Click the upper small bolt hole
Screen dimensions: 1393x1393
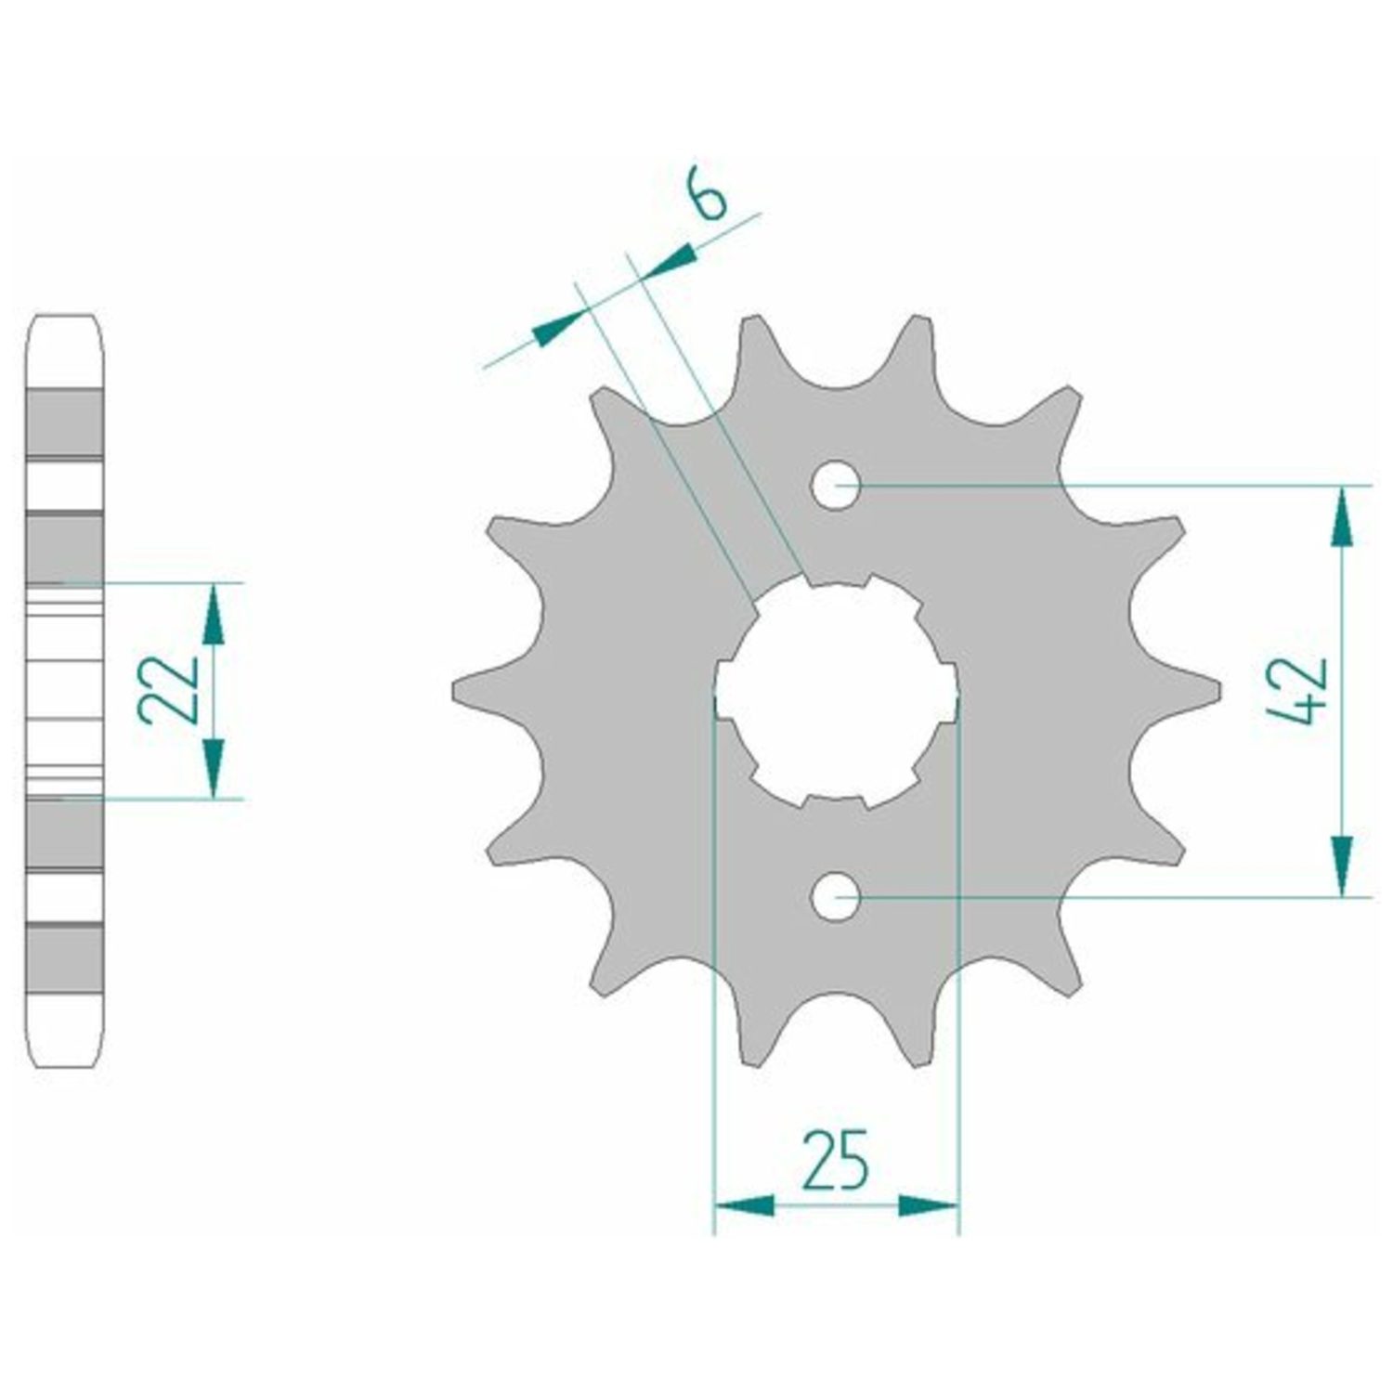tap(836, 485)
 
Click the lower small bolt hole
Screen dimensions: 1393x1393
tap(836, 898)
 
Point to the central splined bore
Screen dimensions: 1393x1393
tap(836, 692)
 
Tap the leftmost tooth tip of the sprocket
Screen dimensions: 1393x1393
tap(454, 692)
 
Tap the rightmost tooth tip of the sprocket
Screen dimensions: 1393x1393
tap(1217, 692)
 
